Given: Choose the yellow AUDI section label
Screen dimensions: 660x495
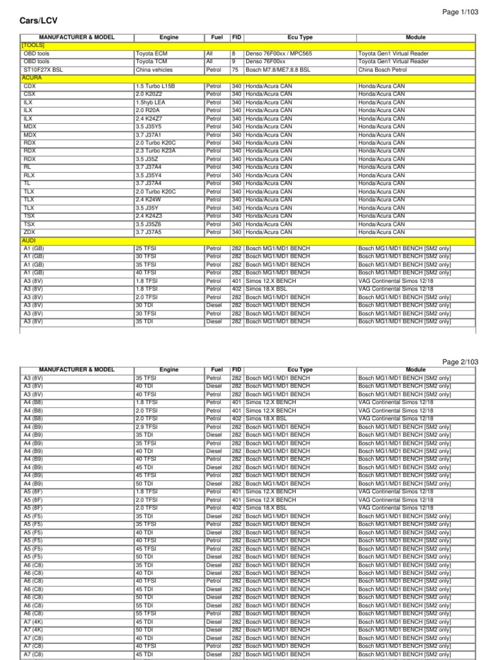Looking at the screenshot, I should pyautogui.click(x=30, y=240).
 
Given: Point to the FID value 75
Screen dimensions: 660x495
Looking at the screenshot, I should pyautogui.click(x=235, y=70).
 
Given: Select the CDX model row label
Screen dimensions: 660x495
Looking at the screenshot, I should pyautogui.click(x=30, y=86).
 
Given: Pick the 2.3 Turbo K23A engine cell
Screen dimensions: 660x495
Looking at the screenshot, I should pyautogui.click(x=155, y=151).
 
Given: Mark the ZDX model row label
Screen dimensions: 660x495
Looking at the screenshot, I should pyautogui.click(x=30, y=232).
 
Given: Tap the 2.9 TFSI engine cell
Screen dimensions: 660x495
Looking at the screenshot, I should pyautogui.click(x=146, y=427).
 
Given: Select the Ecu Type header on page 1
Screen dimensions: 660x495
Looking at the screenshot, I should pyautogui.click(x=300, y=37).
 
